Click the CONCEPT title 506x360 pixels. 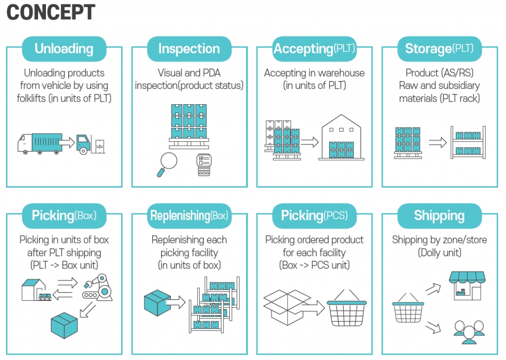(51, 12)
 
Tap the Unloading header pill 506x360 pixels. (64, 49)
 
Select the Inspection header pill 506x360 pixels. (189, 49)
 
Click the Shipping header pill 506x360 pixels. (439, 215)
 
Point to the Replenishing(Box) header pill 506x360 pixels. (189, 215)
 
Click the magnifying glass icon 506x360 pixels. (167, 164)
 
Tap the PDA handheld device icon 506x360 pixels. (204, 165)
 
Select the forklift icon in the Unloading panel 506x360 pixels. (90, 144)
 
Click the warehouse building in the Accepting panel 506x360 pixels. (341, 137)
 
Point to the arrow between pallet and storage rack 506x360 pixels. (438, 142)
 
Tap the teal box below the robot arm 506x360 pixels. (64, 325)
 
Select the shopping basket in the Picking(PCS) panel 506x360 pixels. (346, 308)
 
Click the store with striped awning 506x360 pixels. (467, 286)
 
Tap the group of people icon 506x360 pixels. (469, 332)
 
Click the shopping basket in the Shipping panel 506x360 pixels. (408, 308)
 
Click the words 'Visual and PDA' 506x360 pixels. (189, 73)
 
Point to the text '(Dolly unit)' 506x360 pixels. (439, 252)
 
